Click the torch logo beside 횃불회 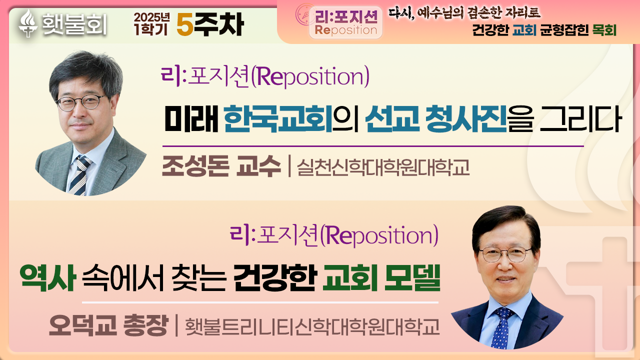click(28, 23)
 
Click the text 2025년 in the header click(151, 17)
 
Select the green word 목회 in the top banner click(604, 30)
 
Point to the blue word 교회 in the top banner click(524, 30)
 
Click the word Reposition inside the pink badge click(346, 30)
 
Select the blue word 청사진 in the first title click(465, 118)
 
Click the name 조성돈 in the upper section click(195, 166)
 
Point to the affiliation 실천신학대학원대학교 click(383, 167)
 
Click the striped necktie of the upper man click(81, 175)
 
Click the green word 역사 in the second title click(47, 277)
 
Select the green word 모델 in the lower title click(412, 277)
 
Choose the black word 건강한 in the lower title click(275, 277)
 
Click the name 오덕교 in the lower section click(83, 325)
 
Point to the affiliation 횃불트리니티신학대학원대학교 click(312, 326)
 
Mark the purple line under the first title click(373, 146)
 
